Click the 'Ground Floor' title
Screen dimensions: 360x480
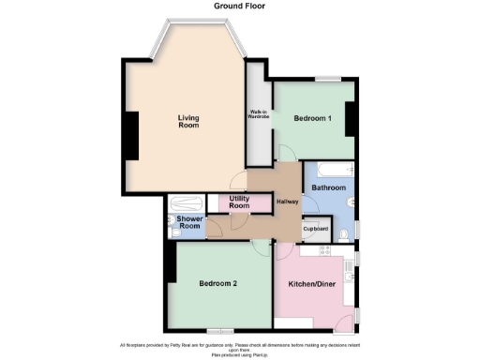point(240,6)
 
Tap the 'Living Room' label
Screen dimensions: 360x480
point(189,121)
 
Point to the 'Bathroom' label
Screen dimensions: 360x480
point(329,187)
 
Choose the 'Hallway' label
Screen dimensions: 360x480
point(287,203)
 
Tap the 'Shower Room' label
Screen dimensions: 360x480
point(190,223)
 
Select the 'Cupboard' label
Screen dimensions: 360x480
point(315,229)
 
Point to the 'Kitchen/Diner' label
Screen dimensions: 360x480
point(312,283)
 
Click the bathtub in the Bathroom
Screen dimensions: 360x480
point(329,171)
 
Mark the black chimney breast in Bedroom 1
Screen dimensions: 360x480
point(350,119)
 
